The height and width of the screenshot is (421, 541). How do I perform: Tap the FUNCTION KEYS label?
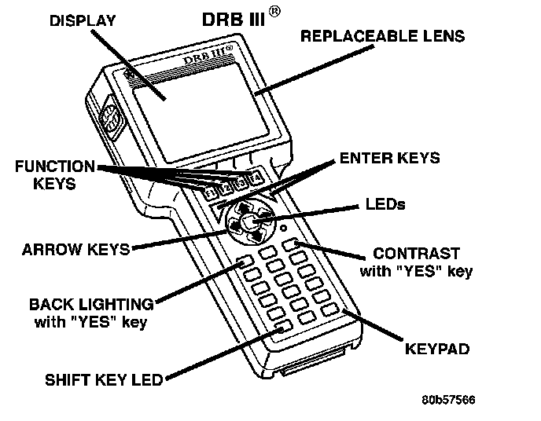pos(54,175)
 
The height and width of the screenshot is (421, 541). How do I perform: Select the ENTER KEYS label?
pos(389,159)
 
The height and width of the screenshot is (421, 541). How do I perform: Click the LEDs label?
pos(385,204)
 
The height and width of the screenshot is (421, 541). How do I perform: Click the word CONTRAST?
pos(416,254)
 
